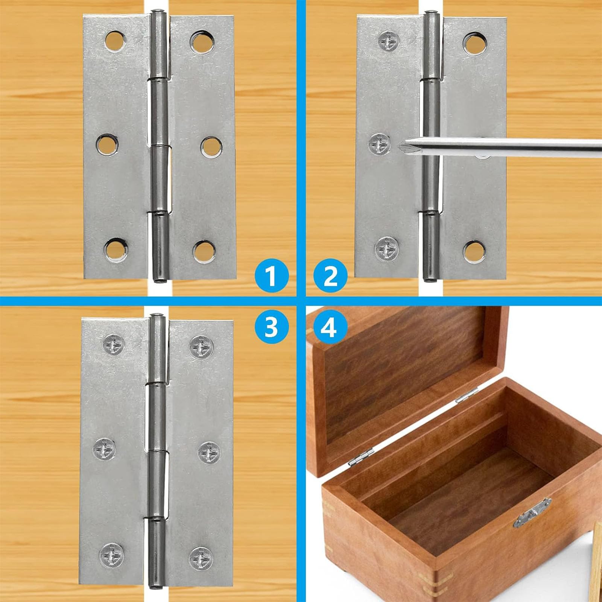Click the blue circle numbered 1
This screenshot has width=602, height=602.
(271, 278)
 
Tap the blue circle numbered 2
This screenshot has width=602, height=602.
(331, 277)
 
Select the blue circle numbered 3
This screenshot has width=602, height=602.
(271, 327)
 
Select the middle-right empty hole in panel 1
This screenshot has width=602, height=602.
(211, 146)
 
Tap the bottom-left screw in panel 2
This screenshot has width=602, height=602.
(386, 248)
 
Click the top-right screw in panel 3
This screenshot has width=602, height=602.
(201, 347)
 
